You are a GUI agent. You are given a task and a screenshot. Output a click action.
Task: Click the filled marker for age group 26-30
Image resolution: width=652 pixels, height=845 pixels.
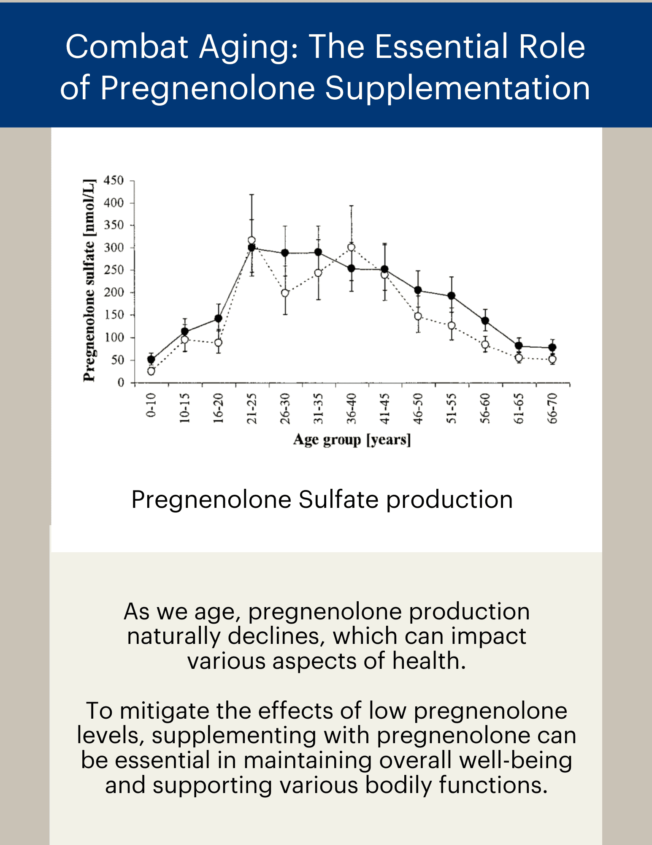(x=285, y=253)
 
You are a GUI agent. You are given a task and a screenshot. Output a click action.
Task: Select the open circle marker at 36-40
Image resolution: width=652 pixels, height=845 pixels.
(x=351, y=247)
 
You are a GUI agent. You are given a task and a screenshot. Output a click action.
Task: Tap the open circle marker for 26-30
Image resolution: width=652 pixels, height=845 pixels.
(x=285, y=293)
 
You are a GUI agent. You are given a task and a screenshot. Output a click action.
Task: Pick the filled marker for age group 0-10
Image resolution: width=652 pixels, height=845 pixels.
(x=151, y=360)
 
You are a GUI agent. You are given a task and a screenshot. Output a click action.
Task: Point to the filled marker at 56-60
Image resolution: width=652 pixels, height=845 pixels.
(x=485, y=321)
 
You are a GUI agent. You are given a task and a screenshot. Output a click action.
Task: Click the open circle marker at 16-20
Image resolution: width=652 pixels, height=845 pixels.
(x=218, y=342)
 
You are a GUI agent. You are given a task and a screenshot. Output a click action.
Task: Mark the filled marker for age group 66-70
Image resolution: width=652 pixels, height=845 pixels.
(x=552, y=348)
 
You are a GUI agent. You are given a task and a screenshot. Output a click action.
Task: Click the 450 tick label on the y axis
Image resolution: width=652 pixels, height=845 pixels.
(x=114, y=180)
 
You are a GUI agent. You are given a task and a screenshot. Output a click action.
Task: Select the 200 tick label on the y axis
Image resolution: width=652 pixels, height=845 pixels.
(x=114, y=292)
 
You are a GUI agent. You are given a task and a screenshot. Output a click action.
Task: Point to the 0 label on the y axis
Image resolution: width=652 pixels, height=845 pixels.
(x=121, y=382)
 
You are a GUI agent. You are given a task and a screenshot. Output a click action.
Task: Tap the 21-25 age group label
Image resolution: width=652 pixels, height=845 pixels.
(x=252, y=408)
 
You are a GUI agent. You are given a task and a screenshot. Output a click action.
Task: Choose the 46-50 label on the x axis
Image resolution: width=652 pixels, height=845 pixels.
(x=418, y=408)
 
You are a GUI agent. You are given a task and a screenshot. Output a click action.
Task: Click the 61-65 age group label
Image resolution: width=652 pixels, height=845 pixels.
(x=519, y=408)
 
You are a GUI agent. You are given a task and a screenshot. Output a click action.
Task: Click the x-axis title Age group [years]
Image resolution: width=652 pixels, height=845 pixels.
(x=352, y=439)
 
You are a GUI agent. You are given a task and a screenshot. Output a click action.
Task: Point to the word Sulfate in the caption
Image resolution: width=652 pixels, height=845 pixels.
(x=338, y=499)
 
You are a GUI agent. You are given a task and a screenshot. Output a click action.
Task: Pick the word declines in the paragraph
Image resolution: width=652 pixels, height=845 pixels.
(x=276, y=636)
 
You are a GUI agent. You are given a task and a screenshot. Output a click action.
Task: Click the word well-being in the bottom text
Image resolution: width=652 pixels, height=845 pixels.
(x=516, y=760)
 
